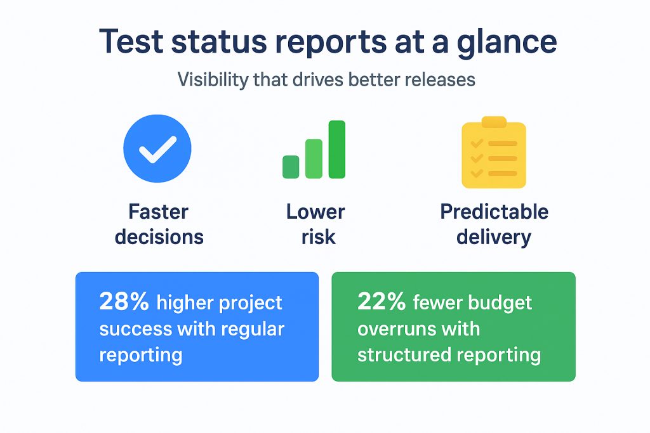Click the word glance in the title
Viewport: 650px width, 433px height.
pyautogui.click(x=507, y=42)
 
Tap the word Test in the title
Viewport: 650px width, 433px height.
pyautogui.click(x=131, y=41)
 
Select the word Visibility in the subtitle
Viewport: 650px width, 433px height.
pyautogui.click(x=213, y=79)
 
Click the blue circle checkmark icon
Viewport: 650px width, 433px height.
pyautogui.click(x=157, y=148)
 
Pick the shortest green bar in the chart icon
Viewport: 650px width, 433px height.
pyautogui.click(x=291, y=167)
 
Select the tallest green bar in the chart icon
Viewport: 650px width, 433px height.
pyautogui.click(x=337, y=150)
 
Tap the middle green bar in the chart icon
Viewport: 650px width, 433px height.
pyautogui.click(x=314, y=158)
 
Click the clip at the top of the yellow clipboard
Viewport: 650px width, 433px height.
pyautogui.click(x=494, y=122)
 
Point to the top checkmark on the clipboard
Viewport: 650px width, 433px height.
pyautogui.click(x=477, y=143)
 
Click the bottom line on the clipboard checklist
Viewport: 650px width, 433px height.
pyautogui.click(x=503, y=174)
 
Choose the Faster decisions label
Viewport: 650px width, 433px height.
pyautogui.click(x=159, y=224)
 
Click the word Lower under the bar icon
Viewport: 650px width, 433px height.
pyautogui.click(x=315, y=212)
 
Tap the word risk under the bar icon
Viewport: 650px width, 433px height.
pyautogui.click(x=318, y=237)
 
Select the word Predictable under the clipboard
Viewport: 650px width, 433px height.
pyautogui.click(x=494, y=212)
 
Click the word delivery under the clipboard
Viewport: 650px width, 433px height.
pyautogui.click(x=494, y=238)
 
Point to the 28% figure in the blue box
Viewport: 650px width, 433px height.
pyautogui.click(x=124, y=301)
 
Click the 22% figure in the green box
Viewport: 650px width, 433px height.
pyautogui.click(x=381, y=301)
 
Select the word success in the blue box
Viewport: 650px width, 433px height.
pyautogui.click(x=136, y=329)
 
